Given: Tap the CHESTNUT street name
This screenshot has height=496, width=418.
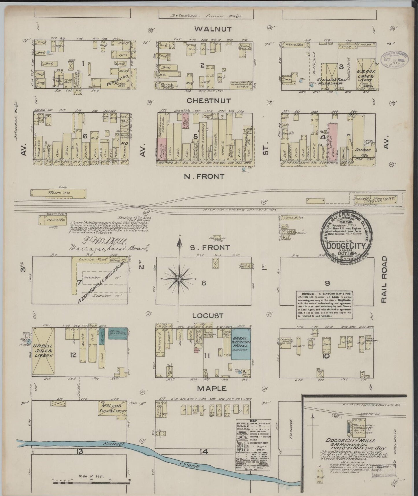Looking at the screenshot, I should pos(209,101).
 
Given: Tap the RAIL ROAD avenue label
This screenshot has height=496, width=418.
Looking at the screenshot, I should pos(384,279).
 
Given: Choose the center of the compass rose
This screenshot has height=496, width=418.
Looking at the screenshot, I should pos(178,278).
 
